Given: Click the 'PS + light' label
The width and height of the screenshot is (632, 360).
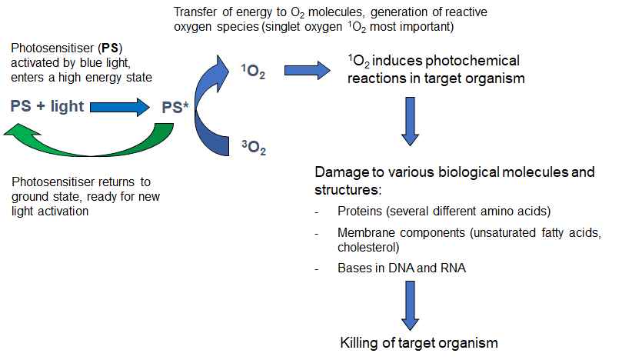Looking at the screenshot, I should point(48,106).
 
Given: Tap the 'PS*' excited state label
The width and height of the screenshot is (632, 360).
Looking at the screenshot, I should point(175,107).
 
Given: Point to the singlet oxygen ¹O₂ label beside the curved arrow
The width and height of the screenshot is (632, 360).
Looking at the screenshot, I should point(254,72).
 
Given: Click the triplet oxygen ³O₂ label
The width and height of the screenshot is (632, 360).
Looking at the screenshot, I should point(253,147).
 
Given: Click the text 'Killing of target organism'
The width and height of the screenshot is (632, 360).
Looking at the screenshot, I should point(419,342).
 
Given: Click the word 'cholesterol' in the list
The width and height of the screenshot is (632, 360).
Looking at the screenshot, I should point(368,248).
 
